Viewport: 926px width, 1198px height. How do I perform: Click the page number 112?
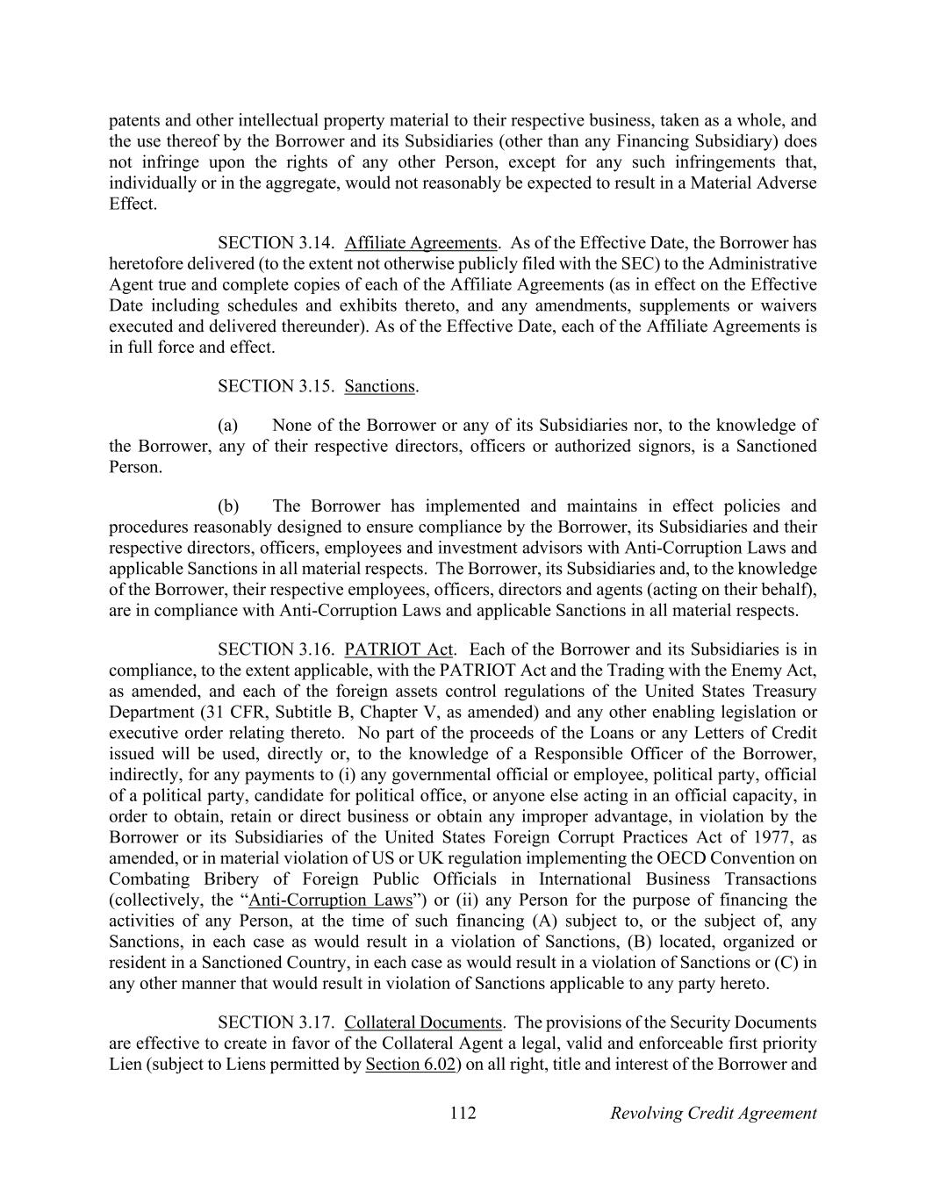463,1113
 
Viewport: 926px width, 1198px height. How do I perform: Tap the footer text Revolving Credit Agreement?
713,1113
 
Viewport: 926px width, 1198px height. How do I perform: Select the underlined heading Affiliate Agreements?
420,242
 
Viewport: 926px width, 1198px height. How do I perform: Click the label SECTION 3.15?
276,386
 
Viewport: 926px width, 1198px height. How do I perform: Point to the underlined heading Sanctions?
379,386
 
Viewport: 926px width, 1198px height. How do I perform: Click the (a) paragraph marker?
228,425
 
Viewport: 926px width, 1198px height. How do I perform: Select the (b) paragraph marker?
228,506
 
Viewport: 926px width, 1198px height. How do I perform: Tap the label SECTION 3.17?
276,1022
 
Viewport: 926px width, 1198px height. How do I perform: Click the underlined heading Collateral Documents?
423,1022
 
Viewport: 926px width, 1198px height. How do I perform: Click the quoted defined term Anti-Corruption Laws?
331,900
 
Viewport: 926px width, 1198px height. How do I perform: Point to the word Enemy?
756,671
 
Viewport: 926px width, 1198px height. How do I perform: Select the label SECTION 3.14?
276,242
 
